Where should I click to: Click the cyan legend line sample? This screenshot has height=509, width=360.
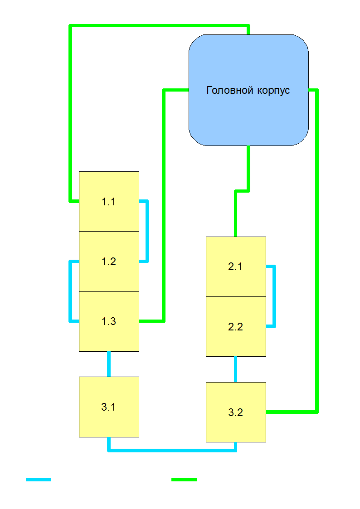tap(39, 479)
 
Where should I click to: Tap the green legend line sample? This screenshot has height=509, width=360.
tap(184, 479)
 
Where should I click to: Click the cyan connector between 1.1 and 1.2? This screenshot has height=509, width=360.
tap(147, 231)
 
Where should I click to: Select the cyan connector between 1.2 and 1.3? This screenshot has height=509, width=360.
tap(70, 291)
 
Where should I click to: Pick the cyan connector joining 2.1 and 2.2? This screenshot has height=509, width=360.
tap(274, 296)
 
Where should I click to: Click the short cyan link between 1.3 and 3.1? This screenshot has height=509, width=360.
tap(109, 364)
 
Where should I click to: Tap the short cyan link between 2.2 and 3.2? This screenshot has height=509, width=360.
tap(236, 369)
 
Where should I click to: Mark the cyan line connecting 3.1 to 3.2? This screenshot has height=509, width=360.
tap(172, 450)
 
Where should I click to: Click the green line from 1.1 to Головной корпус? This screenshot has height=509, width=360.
tap(71, 113)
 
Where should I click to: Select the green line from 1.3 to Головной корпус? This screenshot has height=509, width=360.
tap(164, 204)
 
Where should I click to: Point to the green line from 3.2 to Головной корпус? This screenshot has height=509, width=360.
tap(316, 249)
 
